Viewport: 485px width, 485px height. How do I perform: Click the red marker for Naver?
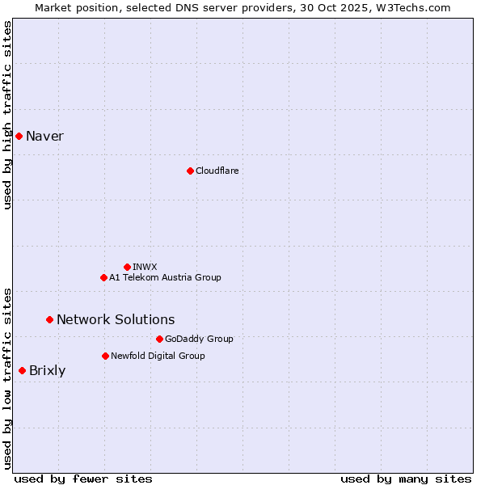coord(19,136)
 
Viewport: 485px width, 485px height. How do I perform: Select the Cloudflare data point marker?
coord(190,171)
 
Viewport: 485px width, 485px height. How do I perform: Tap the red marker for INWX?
coord(127,267)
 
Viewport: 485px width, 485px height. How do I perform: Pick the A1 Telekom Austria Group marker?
coord(103,277)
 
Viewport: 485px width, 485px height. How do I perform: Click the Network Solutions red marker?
coord(49,319)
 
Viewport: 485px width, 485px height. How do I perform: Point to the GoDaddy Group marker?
coord(159,339)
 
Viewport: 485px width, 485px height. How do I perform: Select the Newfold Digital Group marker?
coord(105,356)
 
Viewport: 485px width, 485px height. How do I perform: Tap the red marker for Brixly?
coord(22,370)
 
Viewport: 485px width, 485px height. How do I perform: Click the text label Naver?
coord(44,136)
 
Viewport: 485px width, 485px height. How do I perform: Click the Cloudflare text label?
coord(217,171)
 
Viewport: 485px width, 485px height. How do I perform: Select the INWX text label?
coord(145,267)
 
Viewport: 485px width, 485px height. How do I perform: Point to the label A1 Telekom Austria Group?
coord(165,277)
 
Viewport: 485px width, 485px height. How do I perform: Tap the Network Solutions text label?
coord(116,319)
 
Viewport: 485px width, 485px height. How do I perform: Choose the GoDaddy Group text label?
coord(199,339)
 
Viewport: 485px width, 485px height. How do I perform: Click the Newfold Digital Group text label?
coord(158,356)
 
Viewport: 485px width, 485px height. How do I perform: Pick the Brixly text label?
coord(47,371)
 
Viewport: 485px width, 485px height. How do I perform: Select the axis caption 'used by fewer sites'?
coord(83,479)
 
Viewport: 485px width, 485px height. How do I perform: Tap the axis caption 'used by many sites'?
coord(406,479)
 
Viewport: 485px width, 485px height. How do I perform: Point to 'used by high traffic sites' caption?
coord(7,115)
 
